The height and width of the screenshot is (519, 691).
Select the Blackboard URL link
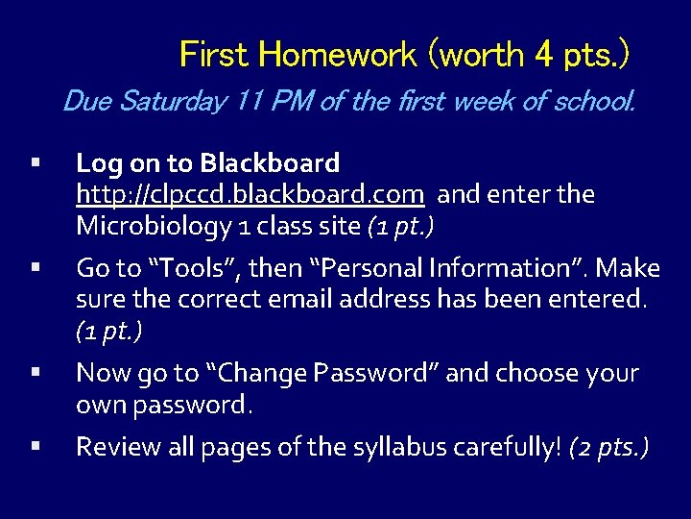[x=250, y=195]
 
